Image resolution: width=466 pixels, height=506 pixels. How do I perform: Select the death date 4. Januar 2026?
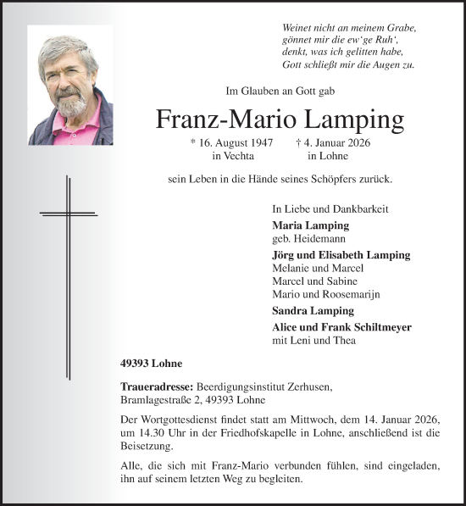[x=335, y=143]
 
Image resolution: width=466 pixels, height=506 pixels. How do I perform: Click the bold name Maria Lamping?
[x=310, y=225]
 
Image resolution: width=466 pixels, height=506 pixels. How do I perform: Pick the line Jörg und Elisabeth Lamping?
[x=341, y=254]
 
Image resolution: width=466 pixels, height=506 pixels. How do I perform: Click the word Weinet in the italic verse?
[x=298, y=28]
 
